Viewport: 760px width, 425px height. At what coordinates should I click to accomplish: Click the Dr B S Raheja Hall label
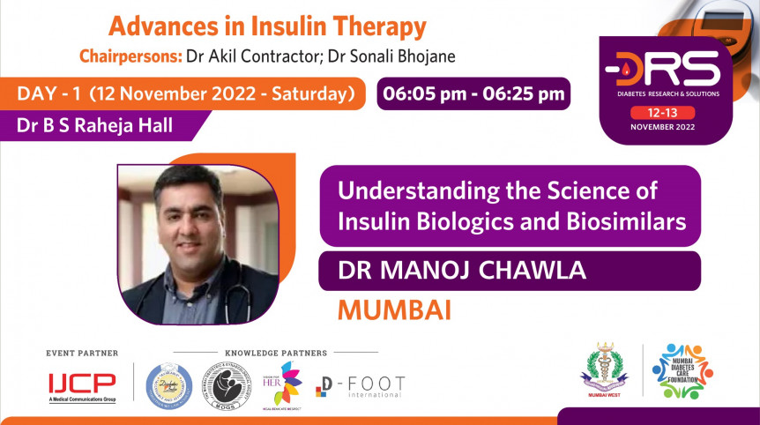pos(94,125)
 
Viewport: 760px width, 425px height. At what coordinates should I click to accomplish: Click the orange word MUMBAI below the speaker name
pos(394,310)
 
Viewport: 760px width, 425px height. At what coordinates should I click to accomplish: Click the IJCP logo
pos(81,383)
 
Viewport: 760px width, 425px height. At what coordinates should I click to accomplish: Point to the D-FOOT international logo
pos(361,386)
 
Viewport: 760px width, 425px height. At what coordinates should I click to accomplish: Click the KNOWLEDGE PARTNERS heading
pos(276,353)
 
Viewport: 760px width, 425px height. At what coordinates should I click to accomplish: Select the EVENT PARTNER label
pos(82,353)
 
